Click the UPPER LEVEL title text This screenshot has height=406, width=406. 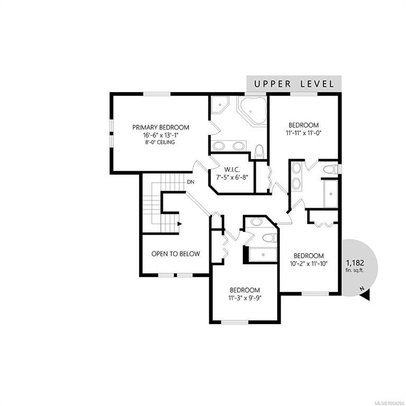pyautogui.click(x=294, y=84)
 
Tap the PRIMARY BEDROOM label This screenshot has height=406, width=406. pyautogui.click(x=161, y=127)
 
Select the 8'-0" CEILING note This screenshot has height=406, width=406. pyautogui.click(x=160, y=142)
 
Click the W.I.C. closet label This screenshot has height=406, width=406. pyautogui.click(x=232, y=170)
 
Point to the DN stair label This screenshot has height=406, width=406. pyautogui.click(x=190, y=182)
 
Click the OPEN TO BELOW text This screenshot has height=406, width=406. pyautogui.click(x=176, y=254)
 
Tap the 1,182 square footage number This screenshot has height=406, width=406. pyautogui.click(x=355, y=263)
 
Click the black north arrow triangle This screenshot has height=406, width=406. pyautogui.click(x=365, y=296)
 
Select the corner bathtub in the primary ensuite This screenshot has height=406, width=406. pyautogui.click(x=253, y=110)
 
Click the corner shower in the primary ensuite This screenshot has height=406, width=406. pyautogui.click(x=220, y=105)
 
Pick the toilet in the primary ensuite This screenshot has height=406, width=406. pyautogui.click(x=259, y=151)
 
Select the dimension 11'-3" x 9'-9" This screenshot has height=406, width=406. pyautogui.click(x=245, y=298)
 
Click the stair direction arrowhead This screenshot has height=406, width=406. pyautogui.click(x=179, y=224)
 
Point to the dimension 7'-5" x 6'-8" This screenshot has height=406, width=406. pyautogui.click(x=232, y=178)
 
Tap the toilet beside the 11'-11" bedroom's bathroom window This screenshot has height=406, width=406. pyautogui.click(x=330, y=169)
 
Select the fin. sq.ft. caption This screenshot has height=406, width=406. pyautogui.click(x=355, y=270)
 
